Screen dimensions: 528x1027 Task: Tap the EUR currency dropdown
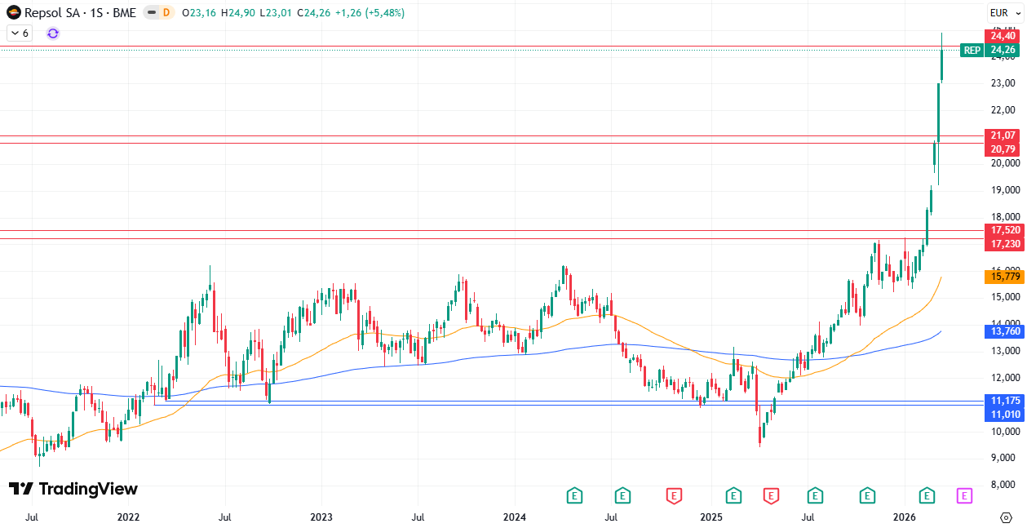click(1004, 12)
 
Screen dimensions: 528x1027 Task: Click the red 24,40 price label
click(1003, 36)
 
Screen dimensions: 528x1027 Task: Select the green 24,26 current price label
click(1003, 51)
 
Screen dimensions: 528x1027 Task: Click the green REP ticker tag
click(972, 51)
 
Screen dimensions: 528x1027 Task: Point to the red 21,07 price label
click(1003, 135)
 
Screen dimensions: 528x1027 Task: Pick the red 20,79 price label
click(1003, 149)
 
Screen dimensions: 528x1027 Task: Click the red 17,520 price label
click(1003, 230)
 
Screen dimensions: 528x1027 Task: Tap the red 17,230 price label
click(1003, 244)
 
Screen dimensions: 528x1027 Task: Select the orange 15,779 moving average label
click(1003, 277)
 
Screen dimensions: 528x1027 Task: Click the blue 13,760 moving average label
click(1003, 331)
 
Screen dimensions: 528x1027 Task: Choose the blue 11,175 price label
click(1003, 401)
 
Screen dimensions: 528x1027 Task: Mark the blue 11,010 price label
click(1003, 415)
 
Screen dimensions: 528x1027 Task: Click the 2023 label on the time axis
click(321, 517)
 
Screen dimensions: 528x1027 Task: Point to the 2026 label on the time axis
click(905, 517)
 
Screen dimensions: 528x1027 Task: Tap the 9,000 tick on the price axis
click(1003, 458)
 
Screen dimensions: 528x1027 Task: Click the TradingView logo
click(73, 489)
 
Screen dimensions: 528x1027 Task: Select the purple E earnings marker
click(964, 495)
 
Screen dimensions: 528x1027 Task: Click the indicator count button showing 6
click(19, 33)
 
